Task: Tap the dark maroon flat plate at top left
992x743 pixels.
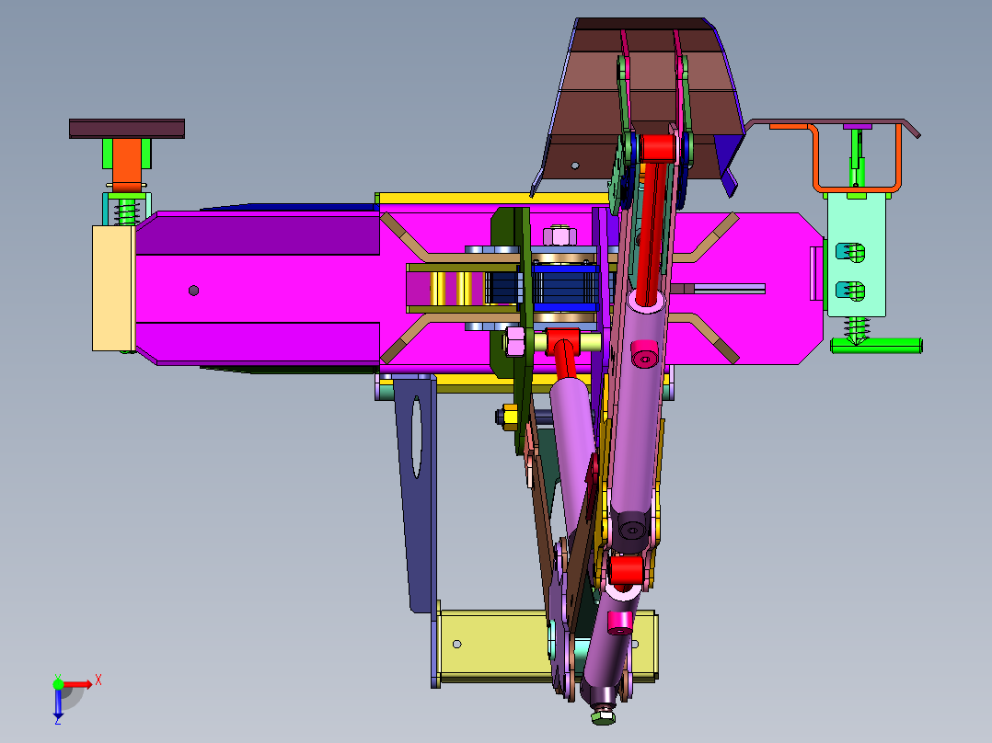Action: click(x=127, y=129)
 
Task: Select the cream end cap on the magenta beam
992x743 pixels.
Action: click(x=113, y=288)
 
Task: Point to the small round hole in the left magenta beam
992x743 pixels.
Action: click(x=193, y=291)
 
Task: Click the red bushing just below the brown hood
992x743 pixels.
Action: click(x=657, y=148)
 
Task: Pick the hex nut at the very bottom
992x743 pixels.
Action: click(x=603, y=715)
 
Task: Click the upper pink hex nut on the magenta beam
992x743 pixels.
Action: click(x=559, y=235)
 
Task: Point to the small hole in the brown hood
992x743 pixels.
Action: click(x=575, y=166)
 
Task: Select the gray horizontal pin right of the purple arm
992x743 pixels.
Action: click(x=727, y=289)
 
